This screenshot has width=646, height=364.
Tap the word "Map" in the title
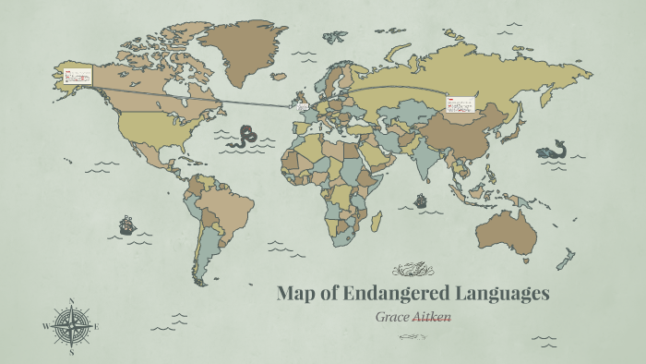tap(298, 294)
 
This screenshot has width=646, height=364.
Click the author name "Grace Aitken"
tap(413, 316)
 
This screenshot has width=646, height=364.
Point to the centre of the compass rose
tap(71, 326)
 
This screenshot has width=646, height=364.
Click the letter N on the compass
tap(71, 301)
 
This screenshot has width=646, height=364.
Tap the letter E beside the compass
tap(96, 326)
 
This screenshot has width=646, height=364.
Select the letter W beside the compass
tap(45, 326)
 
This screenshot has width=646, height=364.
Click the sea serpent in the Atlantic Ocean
tap(245, 138)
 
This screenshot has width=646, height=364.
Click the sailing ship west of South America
tap(126, 224)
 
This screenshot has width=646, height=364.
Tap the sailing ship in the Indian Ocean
tap(421, 200)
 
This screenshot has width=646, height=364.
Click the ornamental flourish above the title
tap(413, 271)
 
